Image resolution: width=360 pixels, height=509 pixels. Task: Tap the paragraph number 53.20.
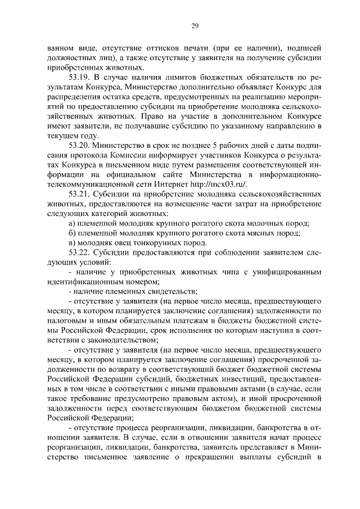pos(80,145)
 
